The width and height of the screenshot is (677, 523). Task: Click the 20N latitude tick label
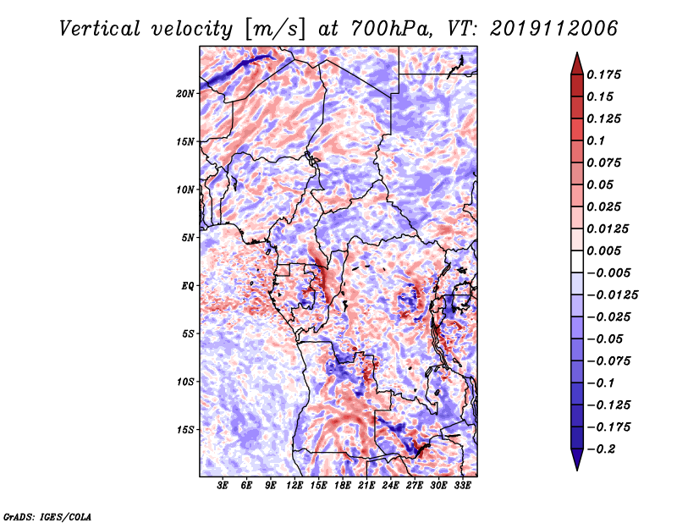click(x=185, y=93)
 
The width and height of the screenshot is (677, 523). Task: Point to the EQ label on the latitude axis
click(x=188, y=286)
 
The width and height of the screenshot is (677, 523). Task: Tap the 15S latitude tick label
click(x=185, y=430)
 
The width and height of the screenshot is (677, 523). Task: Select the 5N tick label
click(x=188, y=238)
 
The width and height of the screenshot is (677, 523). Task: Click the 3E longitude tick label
click(x=223, y=486)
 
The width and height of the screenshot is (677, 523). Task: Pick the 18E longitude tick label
click(x=343, y=486)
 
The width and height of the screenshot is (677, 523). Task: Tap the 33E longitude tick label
click(x=462, y=486)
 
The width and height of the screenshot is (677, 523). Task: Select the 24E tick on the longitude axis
click(x=390, y=486)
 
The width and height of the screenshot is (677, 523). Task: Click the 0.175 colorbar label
click(x=603, y=74)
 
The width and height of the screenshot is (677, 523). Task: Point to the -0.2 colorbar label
click(x=600, y=449)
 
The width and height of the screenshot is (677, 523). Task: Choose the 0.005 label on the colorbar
click(x=603, y=250)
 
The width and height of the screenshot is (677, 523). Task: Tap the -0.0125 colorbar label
click(x=612, y=295)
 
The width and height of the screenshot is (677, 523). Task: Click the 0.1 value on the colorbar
click(x=596, y=140)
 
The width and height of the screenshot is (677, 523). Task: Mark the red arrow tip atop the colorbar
click(x=577, y=52)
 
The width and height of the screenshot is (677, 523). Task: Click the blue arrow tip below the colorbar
click(x=577, y=470)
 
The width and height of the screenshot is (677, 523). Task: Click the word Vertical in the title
click(x=100, y=29)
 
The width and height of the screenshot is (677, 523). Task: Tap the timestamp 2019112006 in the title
click(x=554, y=29)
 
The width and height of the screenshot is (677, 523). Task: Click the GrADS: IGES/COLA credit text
click(x=47, y=516)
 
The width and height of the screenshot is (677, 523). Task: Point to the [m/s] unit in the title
click(x=275, y=30)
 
